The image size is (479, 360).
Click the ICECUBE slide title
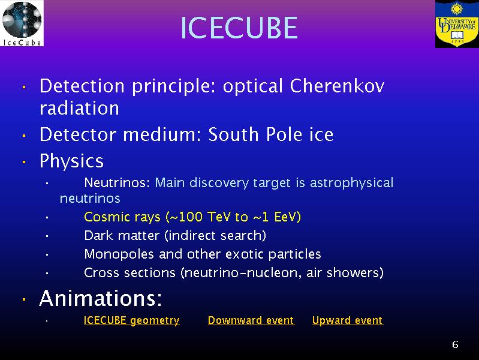[x=239, y=28]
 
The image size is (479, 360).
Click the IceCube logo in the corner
[x=22, y=23]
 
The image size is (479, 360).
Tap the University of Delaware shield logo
[x=457, y=24]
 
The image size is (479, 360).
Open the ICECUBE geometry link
[x=132, y=320]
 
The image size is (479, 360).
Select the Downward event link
[x=251, y=320]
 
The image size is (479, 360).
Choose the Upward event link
[x=348, y=320]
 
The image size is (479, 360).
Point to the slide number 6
[x=455, y=344]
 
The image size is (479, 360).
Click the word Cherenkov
[x=337, y=86]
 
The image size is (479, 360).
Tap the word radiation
[x=79, y=108]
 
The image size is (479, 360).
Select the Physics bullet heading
[x=71, y=161]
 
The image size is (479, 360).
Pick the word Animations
[x=101, y=298]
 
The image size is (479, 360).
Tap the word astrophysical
[x=352, y=183]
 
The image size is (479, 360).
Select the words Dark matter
[x=122, y=236]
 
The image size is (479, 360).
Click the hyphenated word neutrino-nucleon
[x=242, y=273]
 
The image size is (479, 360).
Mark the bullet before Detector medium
[x=24, y=135]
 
